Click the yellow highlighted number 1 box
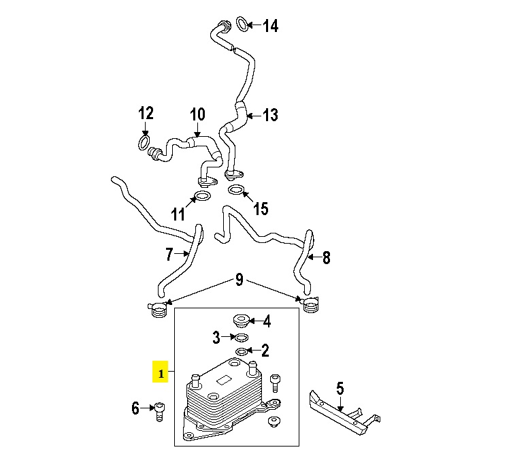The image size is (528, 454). tap(161, 372)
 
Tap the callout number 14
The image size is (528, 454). tap(270, 26)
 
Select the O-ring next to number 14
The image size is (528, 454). tap(242, 24)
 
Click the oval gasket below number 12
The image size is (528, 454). tap(144, 142)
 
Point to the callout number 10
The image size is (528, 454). tap(197, 114)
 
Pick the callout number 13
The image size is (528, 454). tap(270, 115)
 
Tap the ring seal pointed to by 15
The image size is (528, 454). tap(236, 190)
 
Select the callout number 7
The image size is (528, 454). tap(169, 254)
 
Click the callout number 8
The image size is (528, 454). tap(327, 258)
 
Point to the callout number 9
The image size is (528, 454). tap(239, 280)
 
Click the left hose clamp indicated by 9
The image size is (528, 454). tap(158, 309)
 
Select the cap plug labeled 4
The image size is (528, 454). tap(242, 320)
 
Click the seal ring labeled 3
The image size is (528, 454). tap(242, 337)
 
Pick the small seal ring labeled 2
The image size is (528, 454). tap(242, 352)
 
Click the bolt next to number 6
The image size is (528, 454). tap(159, 411)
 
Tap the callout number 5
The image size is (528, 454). tap(340, 389)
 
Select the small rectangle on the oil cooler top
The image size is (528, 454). tap(224, 380)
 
